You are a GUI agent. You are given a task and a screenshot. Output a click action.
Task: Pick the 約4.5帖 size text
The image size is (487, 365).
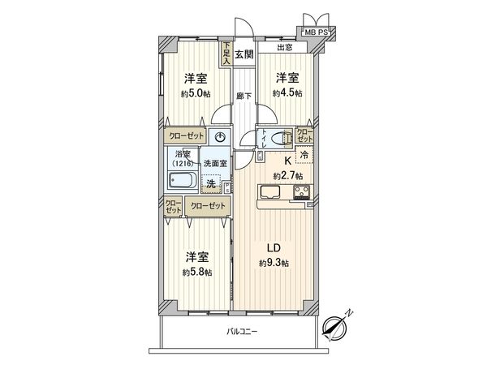pos(287,92)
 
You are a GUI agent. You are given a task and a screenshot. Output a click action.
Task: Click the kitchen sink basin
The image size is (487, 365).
pos(269,193)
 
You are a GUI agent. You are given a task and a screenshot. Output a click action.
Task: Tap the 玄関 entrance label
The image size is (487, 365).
pos(245,55)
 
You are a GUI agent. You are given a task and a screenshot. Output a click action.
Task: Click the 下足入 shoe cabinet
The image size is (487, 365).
pos(227,53)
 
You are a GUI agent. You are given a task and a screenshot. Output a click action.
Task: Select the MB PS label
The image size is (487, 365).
pos(317,31)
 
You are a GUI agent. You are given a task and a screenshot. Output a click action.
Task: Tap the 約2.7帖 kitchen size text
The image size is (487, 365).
pos(287,175)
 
